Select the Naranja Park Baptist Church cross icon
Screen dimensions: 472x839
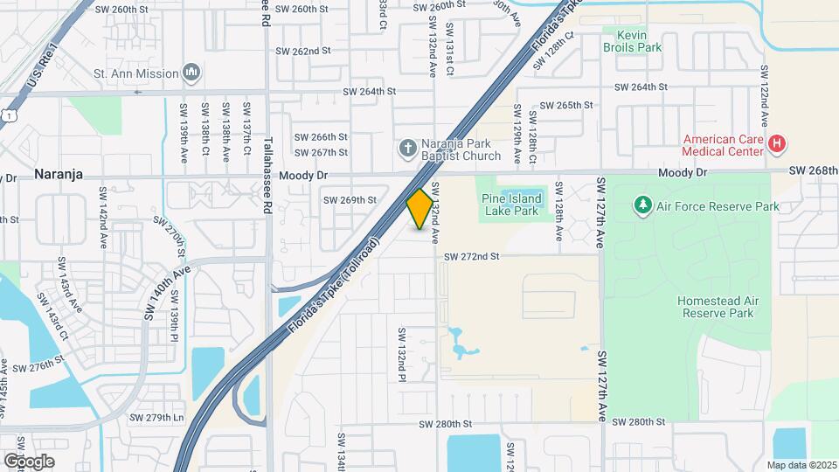407,149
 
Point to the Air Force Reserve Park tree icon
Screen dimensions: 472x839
643,205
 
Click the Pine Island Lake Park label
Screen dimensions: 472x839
511,204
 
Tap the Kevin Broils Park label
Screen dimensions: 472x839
633,42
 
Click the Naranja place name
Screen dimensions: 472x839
58,174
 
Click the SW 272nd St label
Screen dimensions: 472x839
471,256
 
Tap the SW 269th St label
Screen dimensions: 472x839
350,200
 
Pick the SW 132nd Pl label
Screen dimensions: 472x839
403,355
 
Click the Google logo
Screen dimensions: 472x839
30,461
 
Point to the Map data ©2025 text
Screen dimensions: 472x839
801,465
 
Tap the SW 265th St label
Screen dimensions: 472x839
566,105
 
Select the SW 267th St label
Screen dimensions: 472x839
321,152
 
